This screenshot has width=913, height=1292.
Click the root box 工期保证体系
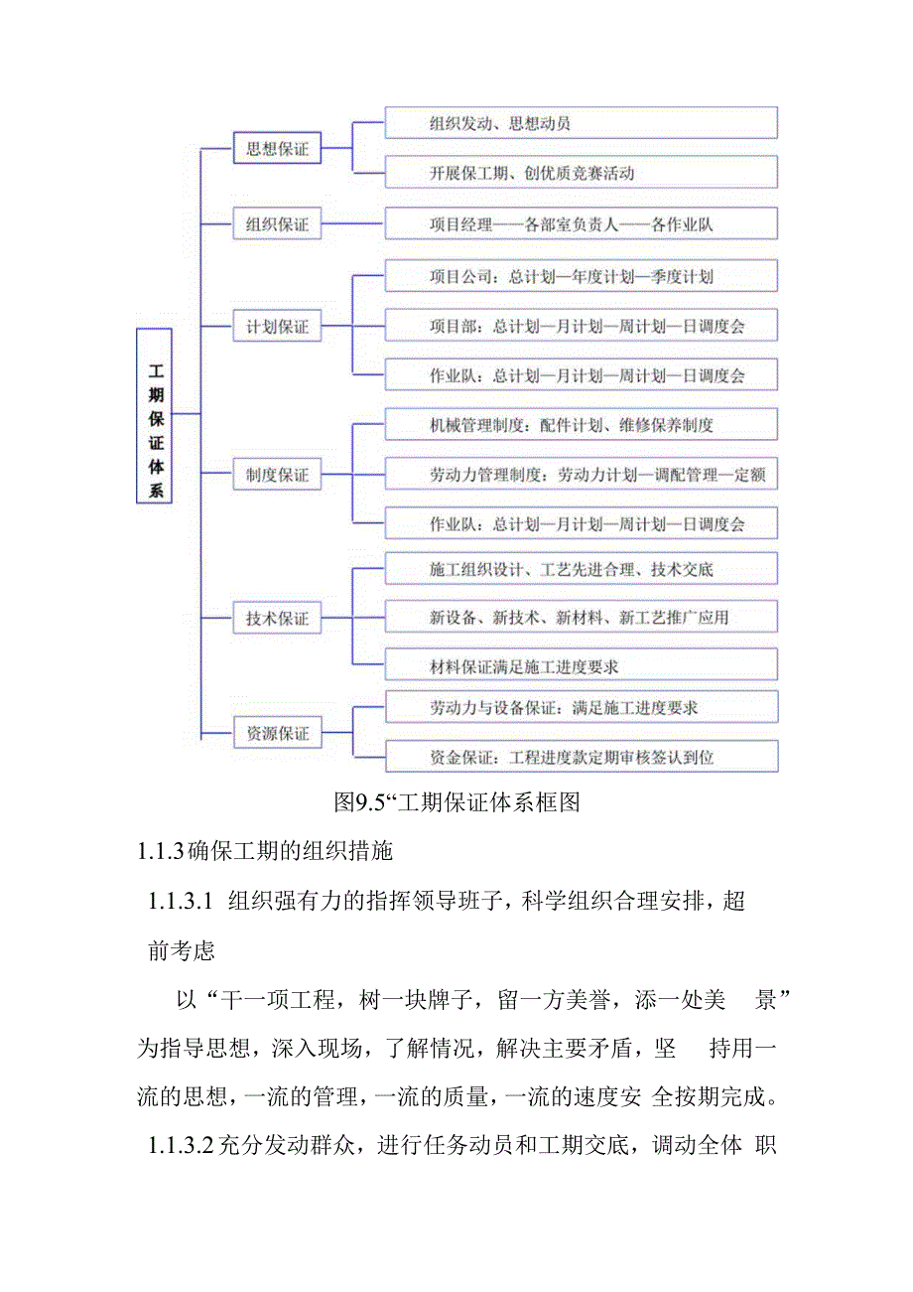[x=154, y=415]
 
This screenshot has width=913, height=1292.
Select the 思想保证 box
[x=277, y=150]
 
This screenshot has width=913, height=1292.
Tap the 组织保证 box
[x=277, y=224]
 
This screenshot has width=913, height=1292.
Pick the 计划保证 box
[x=277, y=326]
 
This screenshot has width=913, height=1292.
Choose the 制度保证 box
[x=277, y=476]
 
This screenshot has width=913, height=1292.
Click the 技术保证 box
[x=277, y=619]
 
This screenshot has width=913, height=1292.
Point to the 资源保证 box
[x=277, y=734]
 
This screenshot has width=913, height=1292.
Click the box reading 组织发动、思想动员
[x=581, y=123]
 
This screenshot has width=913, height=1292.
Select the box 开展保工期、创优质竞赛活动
[x=581, y=173]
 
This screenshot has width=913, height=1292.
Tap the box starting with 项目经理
[x=581, y=224]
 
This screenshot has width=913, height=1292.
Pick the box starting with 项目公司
[x=581, y=276]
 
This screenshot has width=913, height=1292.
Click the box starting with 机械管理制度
[x=581, y=425]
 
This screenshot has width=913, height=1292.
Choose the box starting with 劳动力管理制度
[x=581, y=476]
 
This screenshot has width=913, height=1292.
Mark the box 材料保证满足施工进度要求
[x=581, y=665]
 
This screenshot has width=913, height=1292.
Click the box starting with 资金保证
[x=581, y=758]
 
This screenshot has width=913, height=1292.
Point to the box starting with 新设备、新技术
[x=581, y=618]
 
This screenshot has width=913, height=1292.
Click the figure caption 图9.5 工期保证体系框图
[x=456, y=801]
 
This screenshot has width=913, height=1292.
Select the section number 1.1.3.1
[x=181, y=902]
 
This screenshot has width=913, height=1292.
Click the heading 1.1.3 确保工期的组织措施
[x=265, y=851]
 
